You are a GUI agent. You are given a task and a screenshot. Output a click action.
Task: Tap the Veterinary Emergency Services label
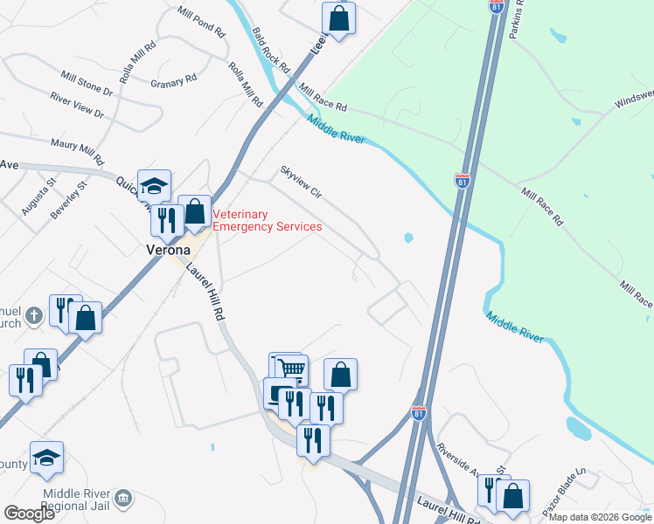267,220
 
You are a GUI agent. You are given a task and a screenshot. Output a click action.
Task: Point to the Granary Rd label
172,81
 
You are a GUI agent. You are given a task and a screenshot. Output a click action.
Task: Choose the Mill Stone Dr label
87,84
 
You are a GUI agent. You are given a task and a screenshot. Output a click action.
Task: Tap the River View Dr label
76,107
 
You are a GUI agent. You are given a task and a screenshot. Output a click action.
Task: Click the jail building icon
123,499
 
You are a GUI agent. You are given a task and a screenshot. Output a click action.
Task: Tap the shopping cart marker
292,369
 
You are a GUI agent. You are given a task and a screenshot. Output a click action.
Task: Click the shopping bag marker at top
338,17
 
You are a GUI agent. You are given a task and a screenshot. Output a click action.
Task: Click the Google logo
28,514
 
